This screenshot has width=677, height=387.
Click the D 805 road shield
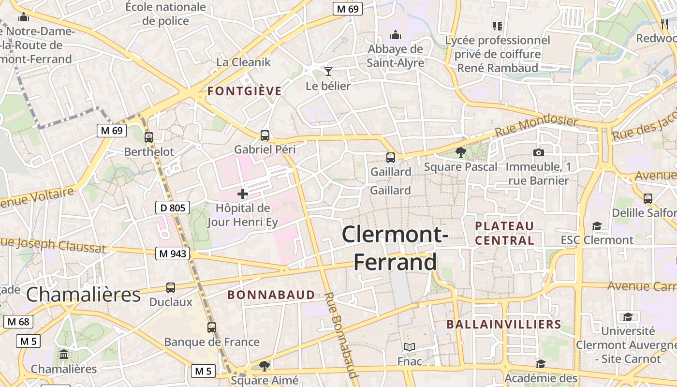(x=173, y=208)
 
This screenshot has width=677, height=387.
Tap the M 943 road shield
(x=173, y=253)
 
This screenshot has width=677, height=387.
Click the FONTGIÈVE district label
(x=244, y=91)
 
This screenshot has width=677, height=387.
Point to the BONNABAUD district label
(x=271, y=295)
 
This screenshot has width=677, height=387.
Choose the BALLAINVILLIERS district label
(x=503, y=324)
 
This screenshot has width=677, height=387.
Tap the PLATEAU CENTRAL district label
(x=504, y=233)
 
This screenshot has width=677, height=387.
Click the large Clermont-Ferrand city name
(x=395, y=248)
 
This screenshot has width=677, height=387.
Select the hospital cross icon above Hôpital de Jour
(x=243, y=194)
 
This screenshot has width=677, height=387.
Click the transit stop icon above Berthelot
(x=149, y=137)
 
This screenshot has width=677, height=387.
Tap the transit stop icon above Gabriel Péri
(x=265, y=135)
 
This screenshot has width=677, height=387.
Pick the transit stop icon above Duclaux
(x=171, y=288)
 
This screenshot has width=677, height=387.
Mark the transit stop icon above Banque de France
(x=212, y=327)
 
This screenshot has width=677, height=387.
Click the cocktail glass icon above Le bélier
(x=328, y=72)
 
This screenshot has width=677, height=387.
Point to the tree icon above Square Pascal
(x=461, y=152)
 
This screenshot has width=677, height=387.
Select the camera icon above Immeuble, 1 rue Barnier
(x=538, y=153)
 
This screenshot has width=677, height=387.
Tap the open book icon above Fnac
(x=410, y=347)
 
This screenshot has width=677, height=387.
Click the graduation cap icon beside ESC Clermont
(x=597, y=226)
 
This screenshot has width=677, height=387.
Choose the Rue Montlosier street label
(x=536, y=126)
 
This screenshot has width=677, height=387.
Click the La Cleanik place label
(x=243, y=62)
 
